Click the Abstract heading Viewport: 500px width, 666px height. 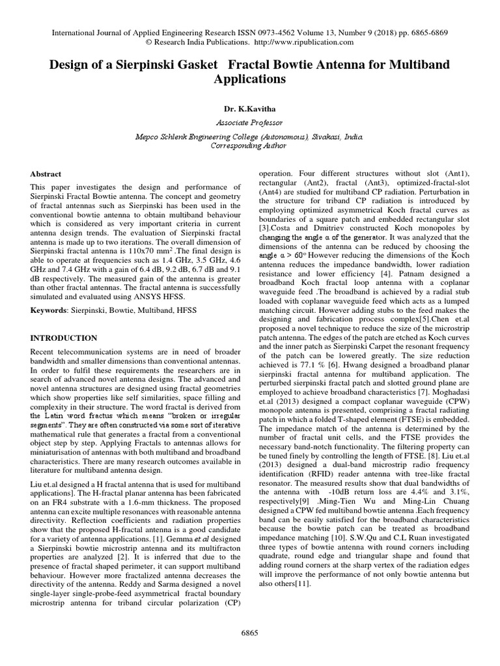tap(46, 174)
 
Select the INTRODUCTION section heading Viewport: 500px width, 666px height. tap(64, 338)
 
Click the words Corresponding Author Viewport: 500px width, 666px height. tap(249, 146)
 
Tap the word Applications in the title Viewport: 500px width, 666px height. tap(250, 79)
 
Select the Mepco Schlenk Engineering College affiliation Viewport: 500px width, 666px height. tap(249, 137)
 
